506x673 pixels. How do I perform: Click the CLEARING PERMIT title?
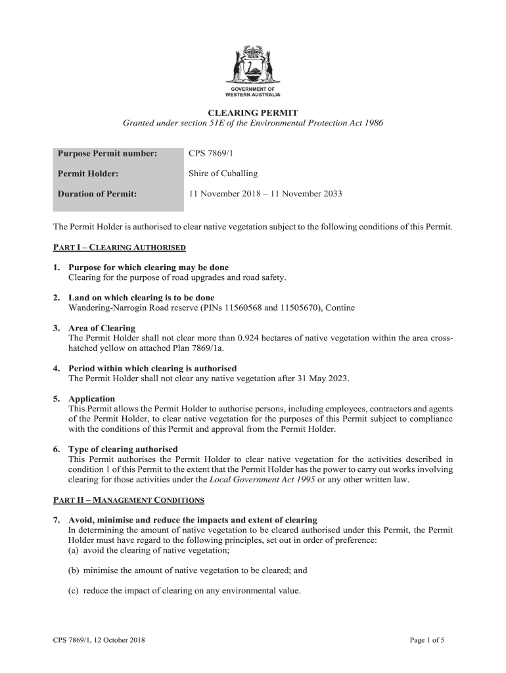click(253, 113)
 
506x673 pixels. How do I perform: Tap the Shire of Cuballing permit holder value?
click(223, 174)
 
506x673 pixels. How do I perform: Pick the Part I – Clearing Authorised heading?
click(120, 248)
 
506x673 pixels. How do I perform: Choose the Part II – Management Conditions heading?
click(128, 500)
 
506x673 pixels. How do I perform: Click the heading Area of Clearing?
click(102, 328)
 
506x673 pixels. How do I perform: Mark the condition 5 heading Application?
click(91, 399)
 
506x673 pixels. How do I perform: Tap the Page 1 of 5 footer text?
click(426, 640)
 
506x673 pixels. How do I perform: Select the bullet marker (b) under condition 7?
click(74, 570)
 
